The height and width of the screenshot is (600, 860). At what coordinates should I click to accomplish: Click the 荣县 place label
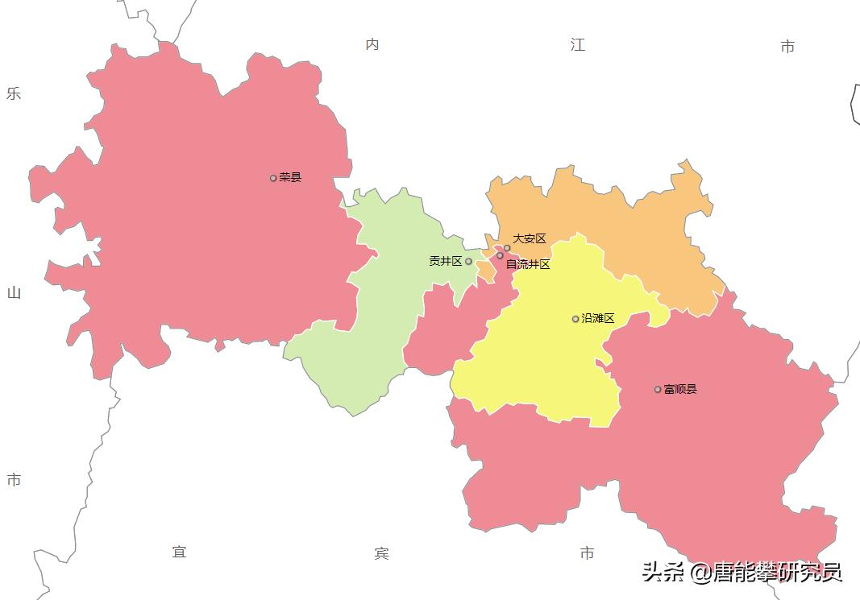[x=290, y=177]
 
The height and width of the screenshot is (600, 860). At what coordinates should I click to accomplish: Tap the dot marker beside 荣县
[x=273, y=178]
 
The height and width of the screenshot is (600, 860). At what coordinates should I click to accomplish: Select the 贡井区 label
[x=445, y=261]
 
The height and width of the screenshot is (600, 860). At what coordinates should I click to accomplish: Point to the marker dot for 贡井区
[x=468, y=261]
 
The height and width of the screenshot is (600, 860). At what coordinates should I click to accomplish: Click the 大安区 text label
[x=530, y=238]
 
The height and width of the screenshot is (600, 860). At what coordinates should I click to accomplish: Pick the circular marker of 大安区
[x=507, y=248]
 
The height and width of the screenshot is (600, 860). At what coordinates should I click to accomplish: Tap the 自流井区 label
[x=528, y=264]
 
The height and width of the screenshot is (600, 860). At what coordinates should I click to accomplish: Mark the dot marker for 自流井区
[x=500, y=255]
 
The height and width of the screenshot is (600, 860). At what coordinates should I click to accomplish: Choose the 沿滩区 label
[x=598, y=318]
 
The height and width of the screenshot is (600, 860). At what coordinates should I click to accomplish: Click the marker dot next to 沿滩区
[x=575, y=319]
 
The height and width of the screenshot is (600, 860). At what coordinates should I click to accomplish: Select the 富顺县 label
[x=680, y=389]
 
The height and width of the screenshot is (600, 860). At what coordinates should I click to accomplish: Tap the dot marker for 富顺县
[x=658, y=389]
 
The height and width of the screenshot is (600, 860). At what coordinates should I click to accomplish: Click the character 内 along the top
[x=372, y=44]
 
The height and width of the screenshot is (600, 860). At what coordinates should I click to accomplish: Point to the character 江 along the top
[x=578, y=45]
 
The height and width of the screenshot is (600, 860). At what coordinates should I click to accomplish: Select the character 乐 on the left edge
[x=14, y=93]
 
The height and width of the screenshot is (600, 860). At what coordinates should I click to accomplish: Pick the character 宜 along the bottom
[x=179, y=552]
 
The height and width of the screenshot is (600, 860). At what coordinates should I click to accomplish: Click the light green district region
[x=379, y=322]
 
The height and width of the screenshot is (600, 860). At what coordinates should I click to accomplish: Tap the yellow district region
[x=548, y=354]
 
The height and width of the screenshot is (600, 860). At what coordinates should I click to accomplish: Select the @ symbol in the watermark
[x=701, y=573]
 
